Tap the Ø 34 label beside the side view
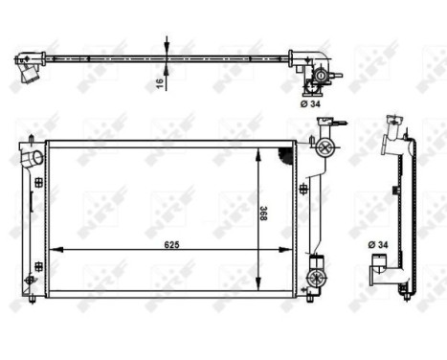pyautogui.click(x=376, y=245)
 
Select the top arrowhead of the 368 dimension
pyautogui.click(x=261, y=152)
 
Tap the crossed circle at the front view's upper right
pyautogui.click(x=324, y=147)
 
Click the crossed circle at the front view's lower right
pyautogui.click(x=315, y=279)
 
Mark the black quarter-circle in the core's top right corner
pyautogui.click(x=283, y=153)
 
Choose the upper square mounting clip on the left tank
pyautogui.click(x=37, y=182)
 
